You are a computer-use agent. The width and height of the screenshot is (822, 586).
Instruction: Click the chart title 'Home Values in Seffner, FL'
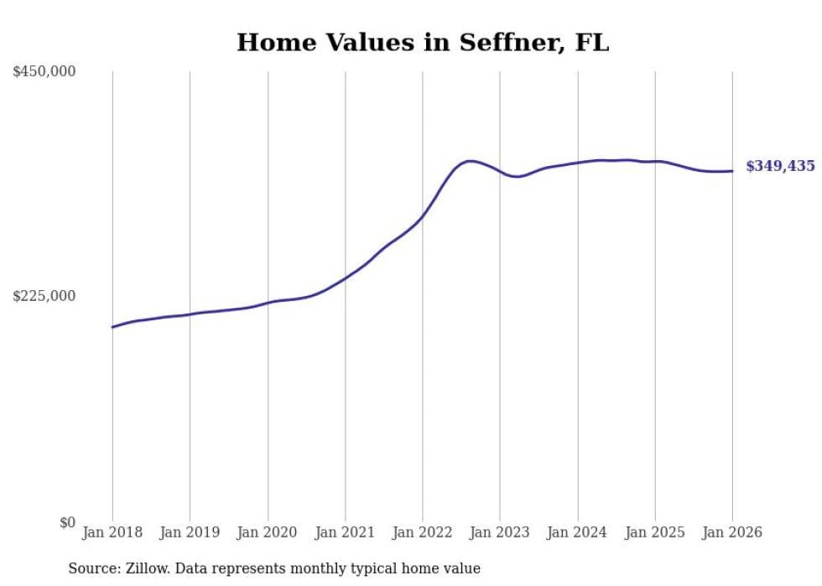(x=423, y=43)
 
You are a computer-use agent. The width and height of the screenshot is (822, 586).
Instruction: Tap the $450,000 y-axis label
(x=44, y=72)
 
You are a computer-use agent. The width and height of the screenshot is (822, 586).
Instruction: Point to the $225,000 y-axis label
(x=44, y=296)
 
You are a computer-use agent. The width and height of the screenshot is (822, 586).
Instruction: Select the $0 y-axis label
(x=67, y=522)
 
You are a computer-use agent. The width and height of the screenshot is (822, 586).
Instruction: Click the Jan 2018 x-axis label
(x=112, y=532)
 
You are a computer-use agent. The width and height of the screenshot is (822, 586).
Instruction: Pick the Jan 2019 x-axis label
(x=190, y=532)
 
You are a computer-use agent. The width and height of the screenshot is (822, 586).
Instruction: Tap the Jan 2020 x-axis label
(x=268, y=532)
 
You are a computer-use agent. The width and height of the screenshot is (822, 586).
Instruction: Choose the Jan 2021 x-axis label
(x=345, y=532)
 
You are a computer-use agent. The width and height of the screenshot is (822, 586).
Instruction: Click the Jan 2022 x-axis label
(x=423, y=532)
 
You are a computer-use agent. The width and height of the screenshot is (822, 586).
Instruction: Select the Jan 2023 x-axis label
(x=500, y=532)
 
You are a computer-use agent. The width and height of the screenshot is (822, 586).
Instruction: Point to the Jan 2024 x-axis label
(x=577, y=532)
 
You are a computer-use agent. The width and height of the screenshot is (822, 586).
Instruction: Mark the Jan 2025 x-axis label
(x=655, y=532)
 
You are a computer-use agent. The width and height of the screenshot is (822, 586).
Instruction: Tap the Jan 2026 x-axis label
(x=732, y=532)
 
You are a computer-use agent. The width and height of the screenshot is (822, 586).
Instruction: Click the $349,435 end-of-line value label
(x=780, y=166)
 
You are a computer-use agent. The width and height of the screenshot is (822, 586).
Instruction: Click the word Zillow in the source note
(x=148, y=568)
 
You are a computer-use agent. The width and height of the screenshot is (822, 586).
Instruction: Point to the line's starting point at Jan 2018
(x=112, y=327)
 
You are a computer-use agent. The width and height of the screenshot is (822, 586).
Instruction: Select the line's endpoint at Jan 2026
(x=732, y=171)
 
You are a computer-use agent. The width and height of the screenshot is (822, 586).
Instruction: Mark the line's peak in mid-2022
(x=470, y=161)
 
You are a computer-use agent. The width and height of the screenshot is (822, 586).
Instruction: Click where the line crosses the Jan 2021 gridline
(x=345, y=277)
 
